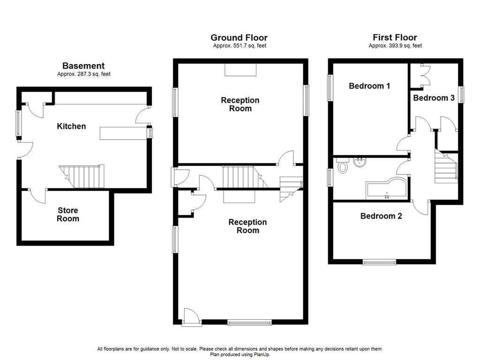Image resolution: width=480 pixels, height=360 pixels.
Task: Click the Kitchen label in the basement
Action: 71,126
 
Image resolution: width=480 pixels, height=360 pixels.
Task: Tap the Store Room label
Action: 68,214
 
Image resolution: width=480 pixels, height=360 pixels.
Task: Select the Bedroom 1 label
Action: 369,86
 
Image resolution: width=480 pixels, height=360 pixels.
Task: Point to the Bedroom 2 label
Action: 381,216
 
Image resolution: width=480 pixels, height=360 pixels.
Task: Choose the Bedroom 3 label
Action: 434,97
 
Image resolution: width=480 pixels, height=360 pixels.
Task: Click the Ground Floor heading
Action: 239,37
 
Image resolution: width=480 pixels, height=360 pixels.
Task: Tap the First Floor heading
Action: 395,37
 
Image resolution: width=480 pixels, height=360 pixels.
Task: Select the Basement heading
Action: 83,66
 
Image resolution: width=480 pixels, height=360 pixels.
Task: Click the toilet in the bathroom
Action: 343,165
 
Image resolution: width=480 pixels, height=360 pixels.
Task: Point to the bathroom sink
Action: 360,162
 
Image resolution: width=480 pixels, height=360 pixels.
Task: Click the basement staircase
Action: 82,177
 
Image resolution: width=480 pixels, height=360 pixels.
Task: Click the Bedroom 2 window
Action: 379,262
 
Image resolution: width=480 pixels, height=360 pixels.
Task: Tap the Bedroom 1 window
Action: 330,88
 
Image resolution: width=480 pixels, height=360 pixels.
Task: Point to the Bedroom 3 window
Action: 461,95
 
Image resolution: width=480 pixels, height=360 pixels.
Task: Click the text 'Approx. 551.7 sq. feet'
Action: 240,45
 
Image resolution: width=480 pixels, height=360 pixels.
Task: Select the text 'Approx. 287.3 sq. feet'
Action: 84,74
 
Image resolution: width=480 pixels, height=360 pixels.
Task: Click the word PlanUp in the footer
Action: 262,354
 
